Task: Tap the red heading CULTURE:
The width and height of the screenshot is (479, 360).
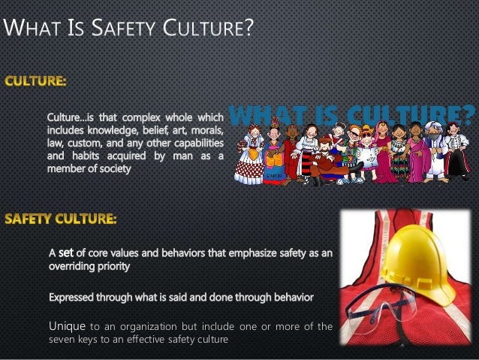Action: [36, 79]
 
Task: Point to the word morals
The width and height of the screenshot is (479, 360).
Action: [205, 131]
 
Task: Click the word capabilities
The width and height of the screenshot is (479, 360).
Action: [194, 144]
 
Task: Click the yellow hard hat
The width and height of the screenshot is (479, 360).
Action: [421, 262]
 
